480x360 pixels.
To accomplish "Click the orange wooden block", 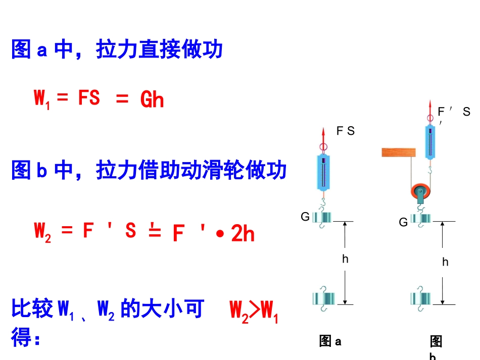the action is point(399,152).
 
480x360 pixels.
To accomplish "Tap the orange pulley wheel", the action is point(420,191).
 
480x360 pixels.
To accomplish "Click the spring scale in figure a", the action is point(323,173).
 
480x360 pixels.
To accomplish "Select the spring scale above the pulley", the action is point(430,142).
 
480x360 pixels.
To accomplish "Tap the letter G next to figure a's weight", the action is point(305,217).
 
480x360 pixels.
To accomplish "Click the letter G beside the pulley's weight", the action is point(403,222).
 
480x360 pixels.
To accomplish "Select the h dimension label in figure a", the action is point(345,259).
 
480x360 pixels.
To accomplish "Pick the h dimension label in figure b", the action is point(446,262).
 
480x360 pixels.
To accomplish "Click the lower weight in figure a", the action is point(323,299).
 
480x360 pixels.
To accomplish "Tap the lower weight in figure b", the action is point(420,299).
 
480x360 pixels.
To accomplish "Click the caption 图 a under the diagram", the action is point(330,341).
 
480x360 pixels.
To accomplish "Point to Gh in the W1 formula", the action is point(152,99).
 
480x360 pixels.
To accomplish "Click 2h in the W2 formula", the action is point(243,233).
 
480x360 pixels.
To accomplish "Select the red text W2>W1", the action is point(254,312).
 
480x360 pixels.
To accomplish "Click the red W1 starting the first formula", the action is point(42,99).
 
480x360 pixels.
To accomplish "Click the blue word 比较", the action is point(32,308).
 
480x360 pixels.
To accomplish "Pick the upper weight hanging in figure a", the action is point(322,218).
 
